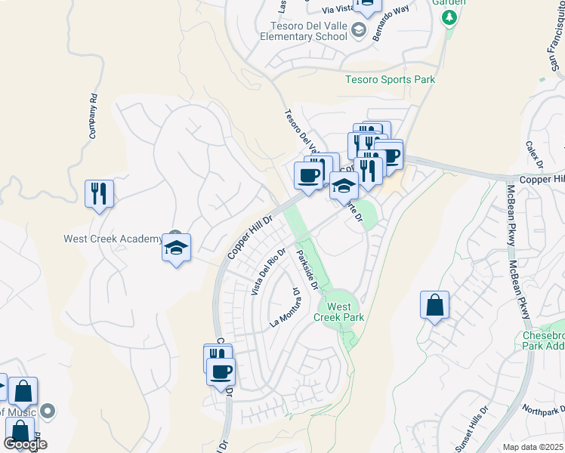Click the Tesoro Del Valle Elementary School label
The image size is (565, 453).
point(304,30)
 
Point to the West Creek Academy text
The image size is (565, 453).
point(113,239)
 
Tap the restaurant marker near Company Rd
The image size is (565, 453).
point(99,193)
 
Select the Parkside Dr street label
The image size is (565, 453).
point(308,269)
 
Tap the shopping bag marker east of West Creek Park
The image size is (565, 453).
point(434,306)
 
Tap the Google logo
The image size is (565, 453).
point(25,444)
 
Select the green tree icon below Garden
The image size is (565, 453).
point(450,17)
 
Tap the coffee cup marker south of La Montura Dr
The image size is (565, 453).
point(221,372)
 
